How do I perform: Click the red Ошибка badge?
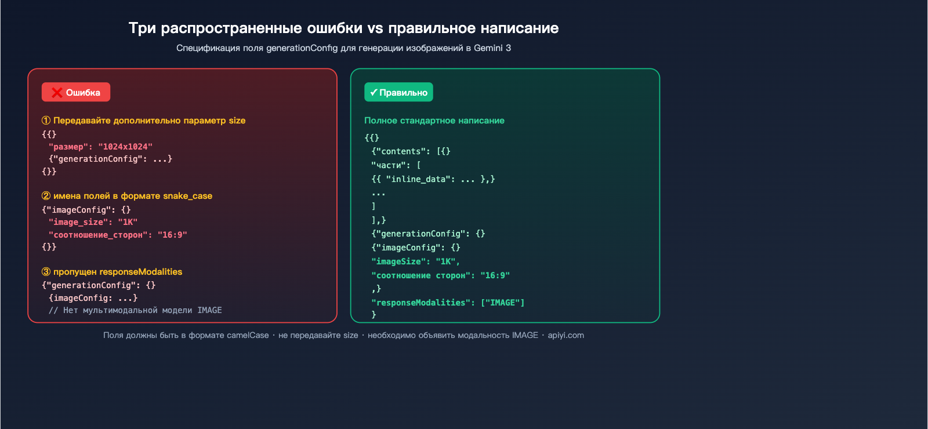[76, 92]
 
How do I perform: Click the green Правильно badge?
[398, 92]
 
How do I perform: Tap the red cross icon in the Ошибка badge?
[57, 92]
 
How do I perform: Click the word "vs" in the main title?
[375, 28]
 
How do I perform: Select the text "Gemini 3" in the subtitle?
[492, 48]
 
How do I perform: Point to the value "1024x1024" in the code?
[125, 147]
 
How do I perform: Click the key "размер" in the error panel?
[68, 147]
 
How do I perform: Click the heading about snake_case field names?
[127, 196]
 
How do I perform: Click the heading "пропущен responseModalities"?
[112, 272]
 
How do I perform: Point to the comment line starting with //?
[135, 310]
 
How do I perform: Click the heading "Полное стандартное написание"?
[434, 121]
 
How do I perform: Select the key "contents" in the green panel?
[401, 151]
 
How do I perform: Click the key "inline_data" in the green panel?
[418, 179]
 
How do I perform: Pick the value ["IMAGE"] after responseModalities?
[502, 303]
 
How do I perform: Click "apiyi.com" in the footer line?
[566, 335]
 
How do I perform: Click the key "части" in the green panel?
[388, 165]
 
